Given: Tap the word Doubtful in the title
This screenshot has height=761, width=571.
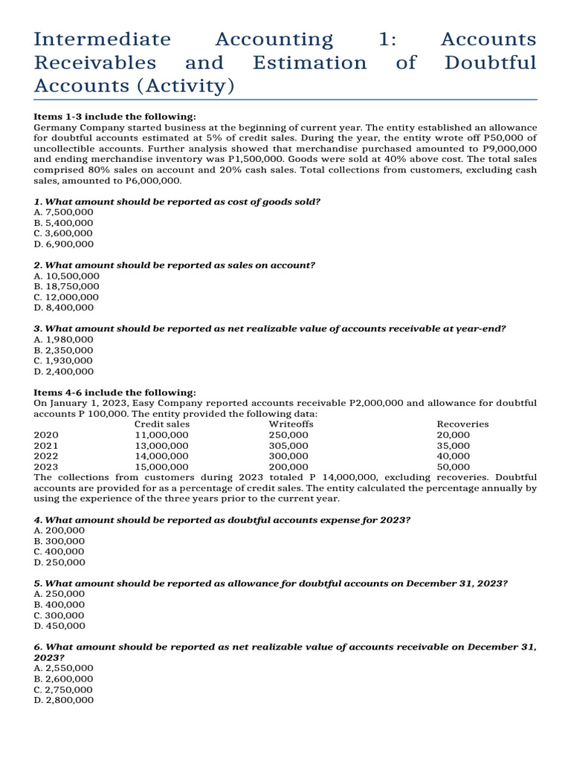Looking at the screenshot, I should (489, 63).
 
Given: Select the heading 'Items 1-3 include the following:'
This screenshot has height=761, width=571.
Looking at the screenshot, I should (115, 117).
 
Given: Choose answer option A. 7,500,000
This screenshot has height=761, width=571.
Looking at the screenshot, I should (64, 213).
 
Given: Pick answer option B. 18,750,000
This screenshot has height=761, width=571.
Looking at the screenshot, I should (66, 286).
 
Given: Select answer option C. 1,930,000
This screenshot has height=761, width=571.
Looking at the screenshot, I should (64, 360).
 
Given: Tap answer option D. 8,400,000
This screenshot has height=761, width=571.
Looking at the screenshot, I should (64, 307).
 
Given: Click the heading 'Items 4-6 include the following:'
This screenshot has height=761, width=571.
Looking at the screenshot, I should (115, 392).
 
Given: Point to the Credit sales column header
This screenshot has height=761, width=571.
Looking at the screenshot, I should (162, 424).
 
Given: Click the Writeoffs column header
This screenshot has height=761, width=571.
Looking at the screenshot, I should (291, 424).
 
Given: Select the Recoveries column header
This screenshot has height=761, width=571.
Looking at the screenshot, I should (462, 424).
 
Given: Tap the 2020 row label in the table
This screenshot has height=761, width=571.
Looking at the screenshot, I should (46, 435).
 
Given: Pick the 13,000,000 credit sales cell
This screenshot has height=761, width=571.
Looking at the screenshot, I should (161, 446).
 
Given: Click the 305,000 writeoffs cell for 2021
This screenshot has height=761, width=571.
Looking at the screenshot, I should (288, 446).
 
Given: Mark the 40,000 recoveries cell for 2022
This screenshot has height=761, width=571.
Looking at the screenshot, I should (453, 456).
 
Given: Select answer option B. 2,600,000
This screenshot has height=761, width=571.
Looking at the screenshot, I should (64, 679).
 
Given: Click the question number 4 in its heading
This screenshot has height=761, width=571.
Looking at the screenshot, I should (37, 519).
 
